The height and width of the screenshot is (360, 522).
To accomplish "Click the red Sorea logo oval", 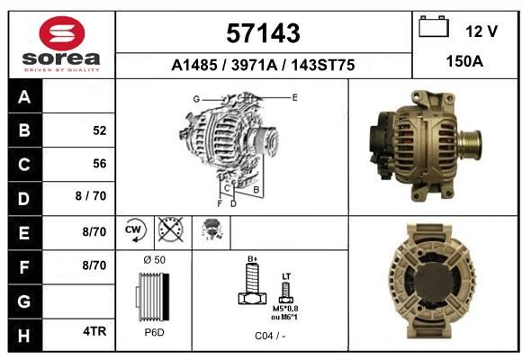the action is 62,33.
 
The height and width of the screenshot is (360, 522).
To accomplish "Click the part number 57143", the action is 263,33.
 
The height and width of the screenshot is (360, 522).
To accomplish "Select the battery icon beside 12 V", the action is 434,27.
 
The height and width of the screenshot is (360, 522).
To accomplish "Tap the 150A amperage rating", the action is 464,61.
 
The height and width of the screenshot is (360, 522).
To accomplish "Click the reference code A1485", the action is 194,65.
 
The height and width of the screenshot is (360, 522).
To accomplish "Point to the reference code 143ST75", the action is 323,65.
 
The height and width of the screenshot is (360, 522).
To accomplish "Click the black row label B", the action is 24,130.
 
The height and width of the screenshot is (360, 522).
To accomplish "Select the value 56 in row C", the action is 100,164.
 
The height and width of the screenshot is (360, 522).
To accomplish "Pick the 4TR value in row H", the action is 94,331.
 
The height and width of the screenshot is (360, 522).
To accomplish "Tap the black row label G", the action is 24,301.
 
